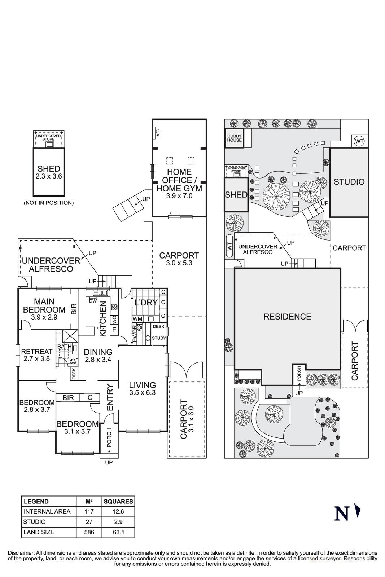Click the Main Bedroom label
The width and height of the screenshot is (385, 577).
[x=44, y=305]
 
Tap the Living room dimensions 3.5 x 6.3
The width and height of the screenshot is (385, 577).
[x=143, y=392]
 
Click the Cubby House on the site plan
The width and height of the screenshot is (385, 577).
[x=234, y=138]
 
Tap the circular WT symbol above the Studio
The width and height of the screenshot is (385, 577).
[x=359, y=141]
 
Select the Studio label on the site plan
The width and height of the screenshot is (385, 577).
[x=349, y=182]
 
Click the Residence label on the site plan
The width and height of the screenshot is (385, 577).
[x=287, y=317]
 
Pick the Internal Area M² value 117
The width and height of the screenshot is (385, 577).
[x=89, y=511]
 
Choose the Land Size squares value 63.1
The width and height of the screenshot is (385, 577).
[x=118, y=532]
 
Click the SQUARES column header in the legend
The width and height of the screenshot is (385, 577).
[x=118, y=501]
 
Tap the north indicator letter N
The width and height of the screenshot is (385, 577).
[x=341, y=514]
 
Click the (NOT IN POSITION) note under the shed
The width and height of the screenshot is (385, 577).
[x=49, y=203]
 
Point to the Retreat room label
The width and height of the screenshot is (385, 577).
[x=37, y=352]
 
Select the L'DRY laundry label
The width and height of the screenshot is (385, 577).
[x=146, y=303]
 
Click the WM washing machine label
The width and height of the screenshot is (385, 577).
[x=137, y=319]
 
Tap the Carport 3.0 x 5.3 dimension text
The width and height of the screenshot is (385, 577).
[x=179, y=263]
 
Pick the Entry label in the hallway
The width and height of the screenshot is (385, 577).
[x=110, y=397]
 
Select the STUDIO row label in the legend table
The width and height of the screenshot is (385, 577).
[x=34, y=522]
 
